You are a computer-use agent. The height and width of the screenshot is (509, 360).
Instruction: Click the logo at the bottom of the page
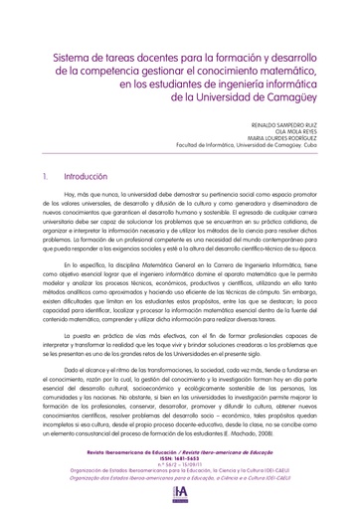tap(180, 494)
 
